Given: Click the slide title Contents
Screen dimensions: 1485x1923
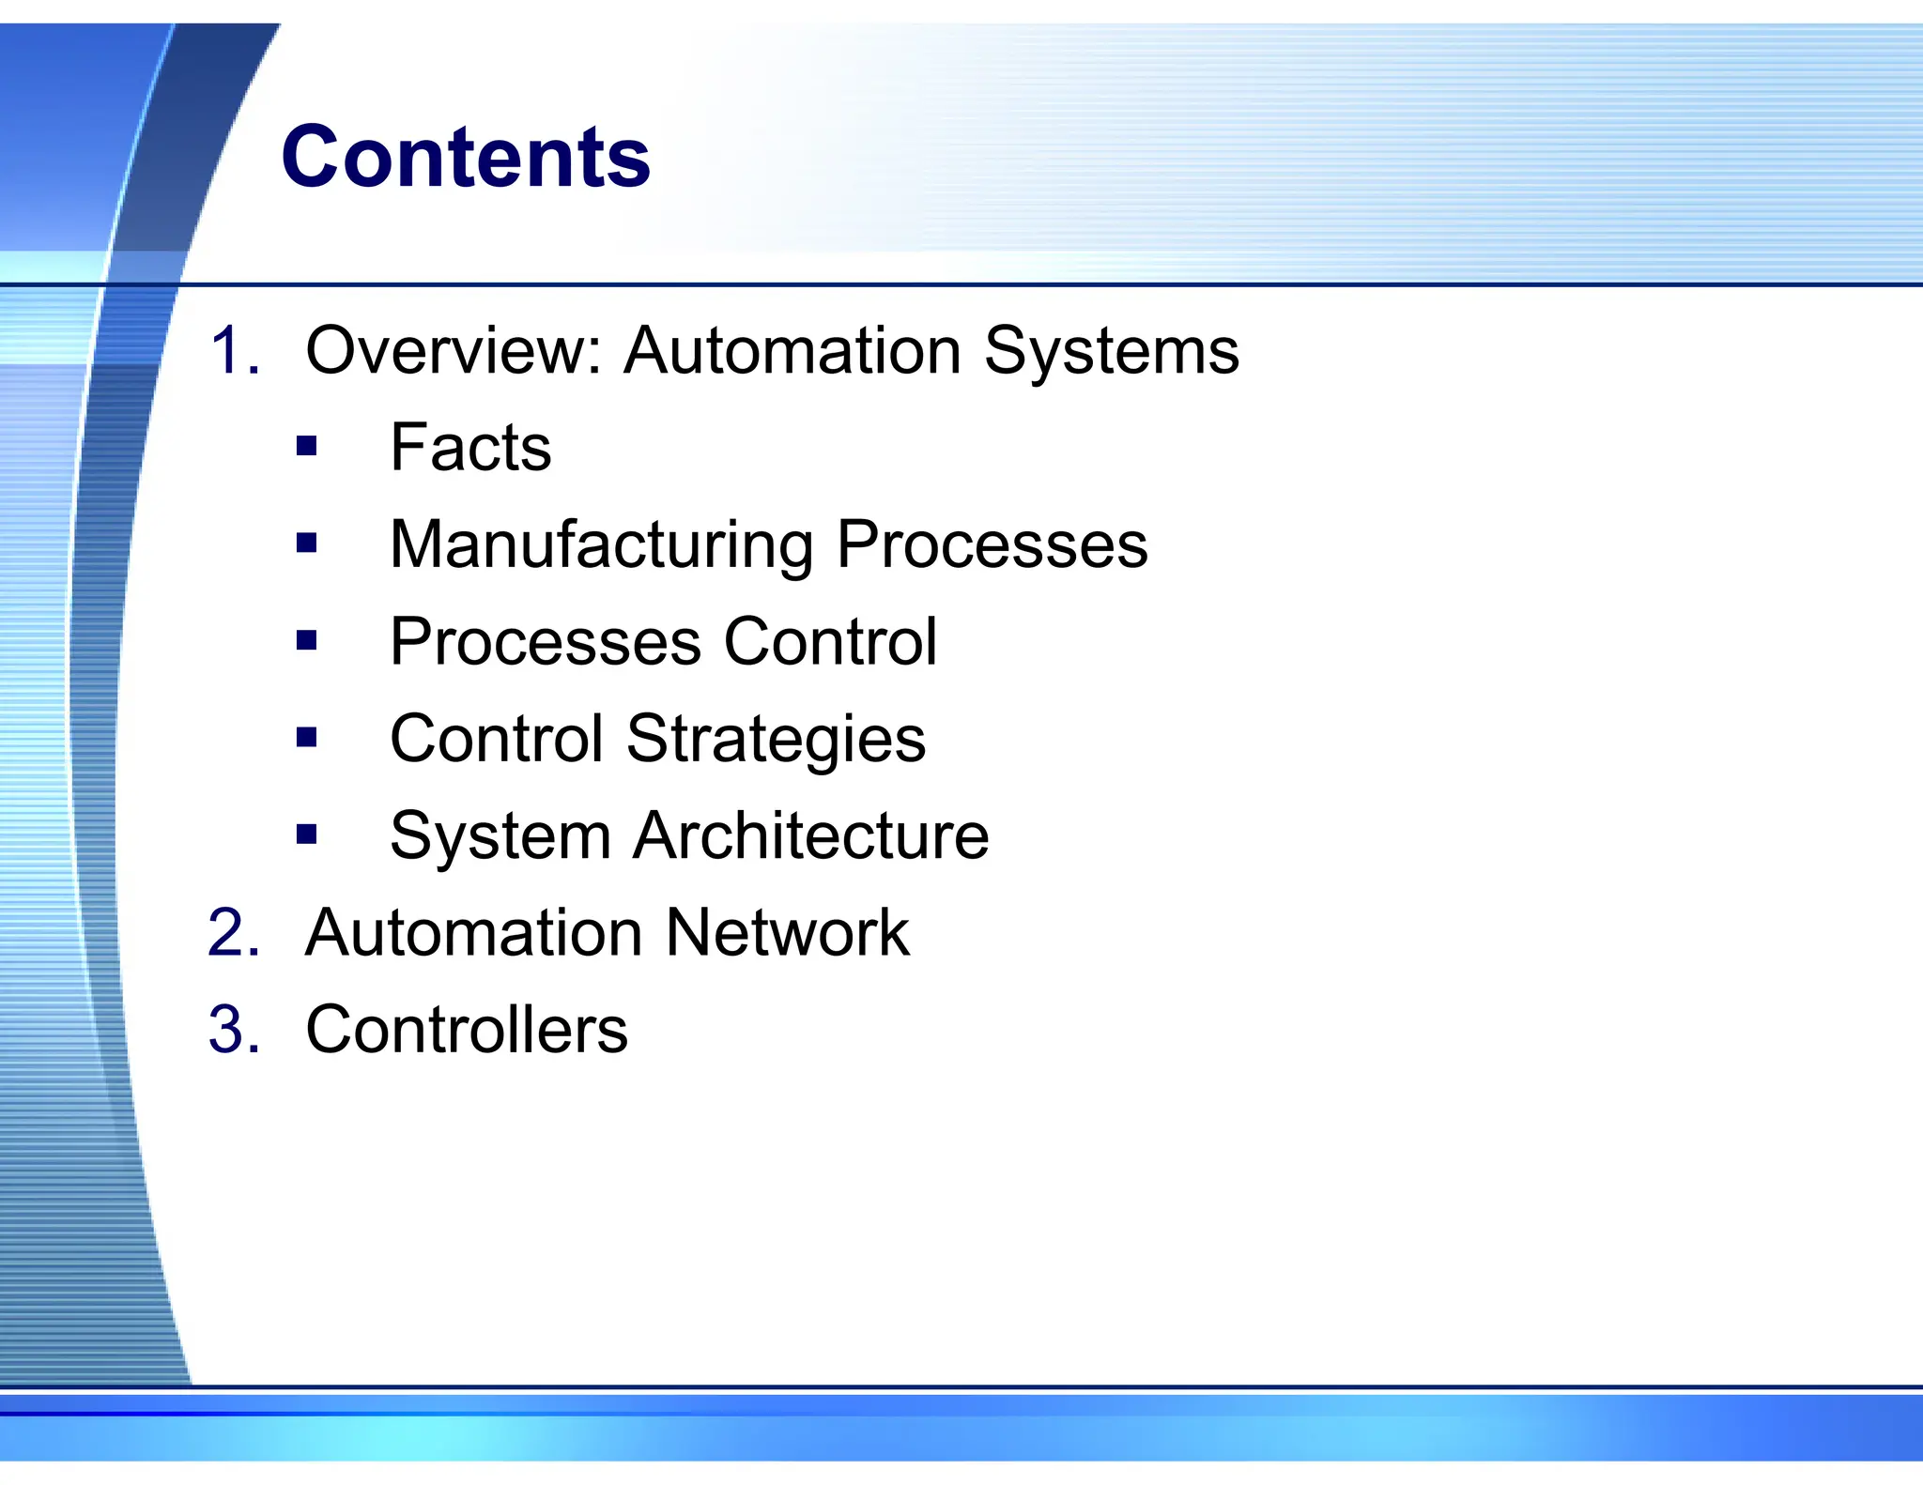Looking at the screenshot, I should pos(465,157).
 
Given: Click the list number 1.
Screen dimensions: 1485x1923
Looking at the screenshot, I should pos(233,351).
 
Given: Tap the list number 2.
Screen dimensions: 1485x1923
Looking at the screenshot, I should pos(233,933).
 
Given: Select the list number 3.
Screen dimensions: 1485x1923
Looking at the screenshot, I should pos(233,1030).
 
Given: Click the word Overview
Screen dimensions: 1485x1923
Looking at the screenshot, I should pos(454,351).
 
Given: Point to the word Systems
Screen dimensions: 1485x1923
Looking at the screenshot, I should pos(1111,351).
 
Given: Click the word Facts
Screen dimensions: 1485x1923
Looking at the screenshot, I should pos(470,448).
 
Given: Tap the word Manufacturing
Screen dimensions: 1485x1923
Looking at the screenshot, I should pos(602,544).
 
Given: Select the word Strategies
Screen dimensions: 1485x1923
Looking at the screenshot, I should pos(776,739).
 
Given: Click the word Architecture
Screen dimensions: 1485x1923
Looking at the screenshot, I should pos(810,835).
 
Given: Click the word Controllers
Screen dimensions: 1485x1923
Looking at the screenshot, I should pos(467,1030).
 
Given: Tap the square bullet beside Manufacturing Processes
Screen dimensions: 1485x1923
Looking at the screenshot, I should pos(306,543).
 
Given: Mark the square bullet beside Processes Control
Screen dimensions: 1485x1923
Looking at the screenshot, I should pos(306,640).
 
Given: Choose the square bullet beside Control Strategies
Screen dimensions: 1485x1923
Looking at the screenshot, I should pos(306,737).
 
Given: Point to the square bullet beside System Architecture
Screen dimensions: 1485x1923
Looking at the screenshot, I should pos(306,834).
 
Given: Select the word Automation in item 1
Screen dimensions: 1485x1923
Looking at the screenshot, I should pos(792,351).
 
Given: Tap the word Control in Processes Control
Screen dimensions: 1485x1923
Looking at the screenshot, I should pos(830,642).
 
